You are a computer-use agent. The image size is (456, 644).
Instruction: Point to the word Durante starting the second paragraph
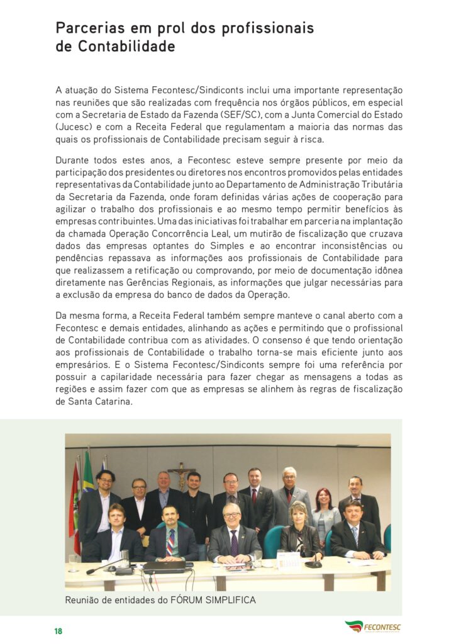pos(73,160)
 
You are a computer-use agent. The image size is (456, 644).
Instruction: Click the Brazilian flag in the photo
pos(87,469)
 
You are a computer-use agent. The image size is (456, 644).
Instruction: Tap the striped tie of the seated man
pos(170,542)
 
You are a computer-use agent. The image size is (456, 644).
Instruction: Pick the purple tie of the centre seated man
pos(234,542)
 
